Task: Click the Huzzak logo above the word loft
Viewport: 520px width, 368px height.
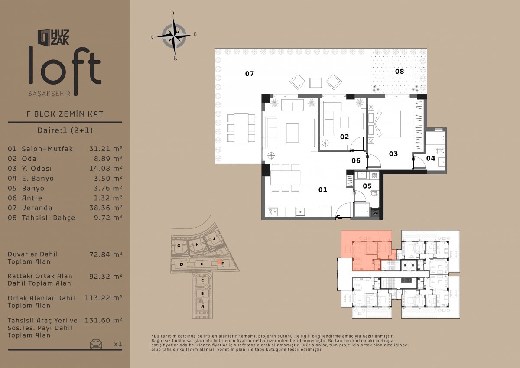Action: point(54,37)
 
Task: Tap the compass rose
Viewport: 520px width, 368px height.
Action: point(174,36)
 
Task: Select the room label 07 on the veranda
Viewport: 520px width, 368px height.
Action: point(250,74)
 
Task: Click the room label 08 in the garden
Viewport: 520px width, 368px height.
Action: point(400,71)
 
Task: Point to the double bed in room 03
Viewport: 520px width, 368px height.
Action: point(384,124)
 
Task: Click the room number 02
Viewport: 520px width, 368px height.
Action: point(344,137)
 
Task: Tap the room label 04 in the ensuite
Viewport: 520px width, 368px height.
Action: point(431,158)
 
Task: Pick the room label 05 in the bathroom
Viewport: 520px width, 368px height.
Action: point(367,186)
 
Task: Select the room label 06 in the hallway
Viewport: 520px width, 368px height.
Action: point(356,160)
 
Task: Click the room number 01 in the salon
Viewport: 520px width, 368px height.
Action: point(323,190)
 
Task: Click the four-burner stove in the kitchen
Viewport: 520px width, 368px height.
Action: point(273,212)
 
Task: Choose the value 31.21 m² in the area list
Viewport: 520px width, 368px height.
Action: point(106,149)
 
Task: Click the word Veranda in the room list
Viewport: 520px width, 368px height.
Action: point(37,208)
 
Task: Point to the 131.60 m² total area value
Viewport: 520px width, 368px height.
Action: point(103,320)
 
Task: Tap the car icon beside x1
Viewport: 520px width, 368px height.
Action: point(96,344)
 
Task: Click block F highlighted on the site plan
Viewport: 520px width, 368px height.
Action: point(220,262)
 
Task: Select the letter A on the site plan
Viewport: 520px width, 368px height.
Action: point(202,306)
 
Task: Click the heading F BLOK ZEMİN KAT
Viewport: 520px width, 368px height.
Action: point(65,114)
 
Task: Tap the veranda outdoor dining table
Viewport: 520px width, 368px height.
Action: point(241,128)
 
